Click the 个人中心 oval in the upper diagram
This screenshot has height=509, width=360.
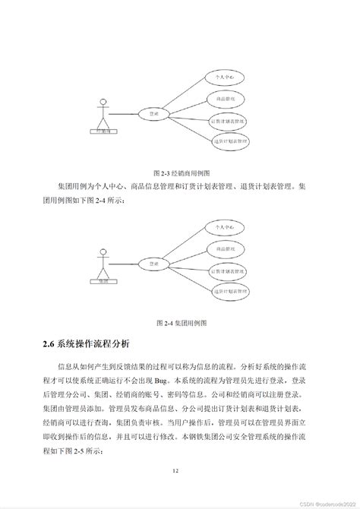coord(226,77)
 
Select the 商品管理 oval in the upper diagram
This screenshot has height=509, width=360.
coord(226,100)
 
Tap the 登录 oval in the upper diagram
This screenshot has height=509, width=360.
coord(155,114)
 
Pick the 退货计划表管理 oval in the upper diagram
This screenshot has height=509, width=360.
coord(232,141)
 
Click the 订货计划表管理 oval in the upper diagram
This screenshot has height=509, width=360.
coord(229,121)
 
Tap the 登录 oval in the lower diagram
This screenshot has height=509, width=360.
coord(155,264)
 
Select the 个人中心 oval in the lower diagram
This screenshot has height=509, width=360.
coord(226,227)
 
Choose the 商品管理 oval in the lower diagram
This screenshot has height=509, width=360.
coord(226,248)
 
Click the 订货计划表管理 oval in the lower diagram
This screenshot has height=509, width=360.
coord(229,270)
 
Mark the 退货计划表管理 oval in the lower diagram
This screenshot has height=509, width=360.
coord(232,291)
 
